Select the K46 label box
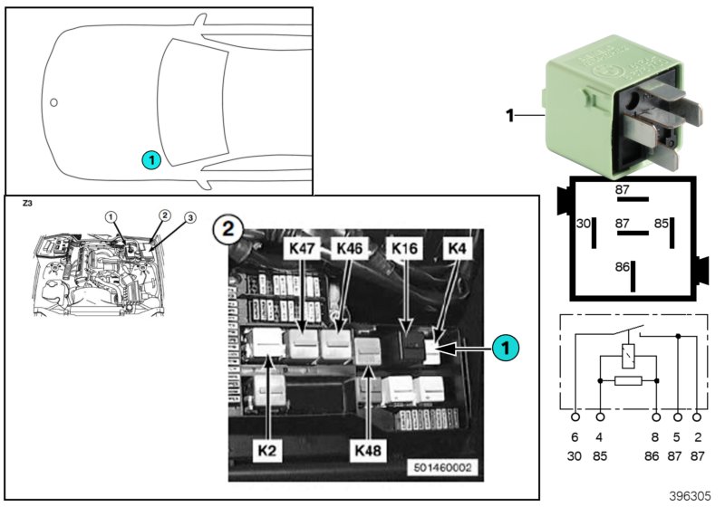click(x=349, y=247)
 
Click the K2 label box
click(x=268, y=449)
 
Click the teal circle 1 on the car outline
click(x=150, y=159)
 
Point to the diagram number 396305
click(x=691, y=497)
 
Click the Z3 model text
click(x=25, y=206)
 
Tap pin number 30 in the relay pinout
click(x=584, y=222)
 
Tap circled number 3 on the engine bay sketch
click(x=190, y=217)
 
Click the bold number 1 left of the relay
click(x=509, y=115)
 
